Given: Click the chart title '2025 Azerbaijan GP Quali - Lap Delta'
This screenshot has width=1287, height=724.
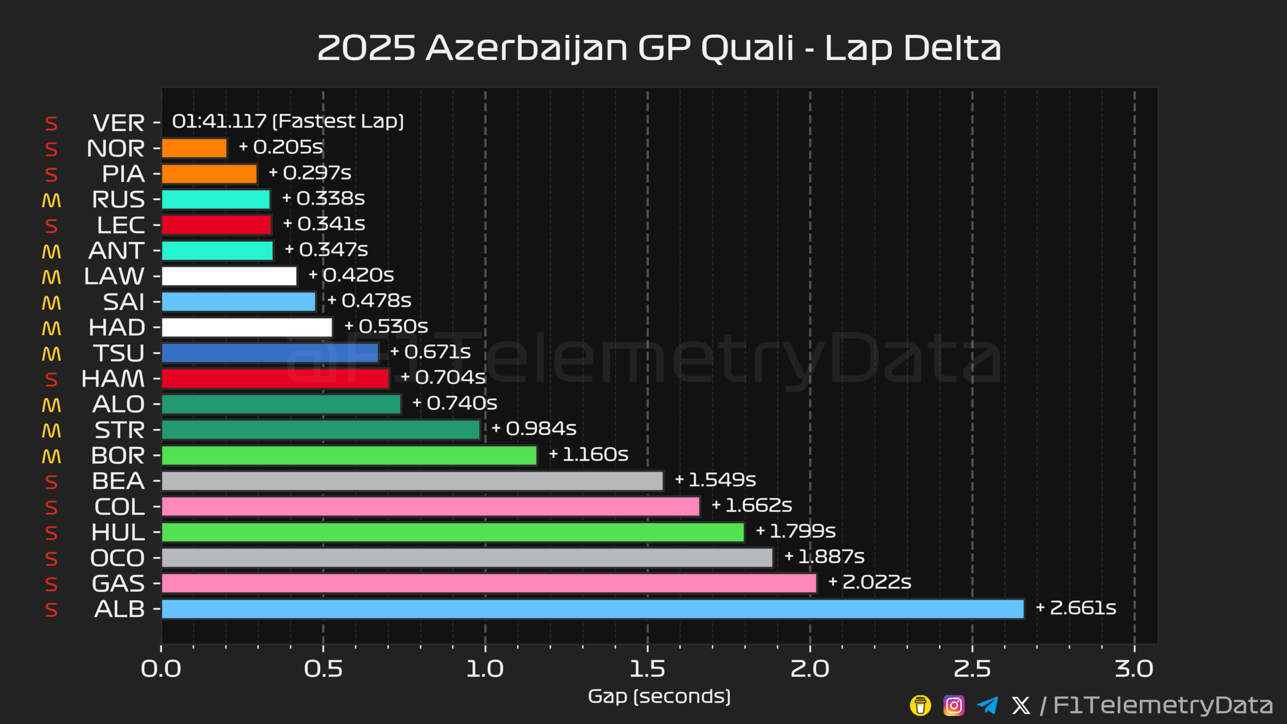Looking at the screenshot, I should [659, 48].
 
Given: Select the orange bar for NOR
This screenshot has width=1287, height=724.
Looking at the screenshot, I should [194, 148].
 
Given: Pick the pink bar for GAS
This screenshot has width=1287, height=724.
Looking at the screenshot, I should [489, 583].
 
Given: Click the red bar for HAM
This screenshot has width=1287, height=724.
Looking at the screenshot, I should [275, 379].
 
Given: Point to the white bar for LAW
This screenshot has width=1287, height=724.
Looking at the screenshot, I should [229, 276].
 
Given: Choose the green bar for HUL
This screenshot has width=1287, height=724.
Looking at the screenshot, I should [452, 532].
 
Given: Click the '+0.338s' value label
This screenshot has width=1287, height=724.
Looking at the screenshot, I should [324, 199].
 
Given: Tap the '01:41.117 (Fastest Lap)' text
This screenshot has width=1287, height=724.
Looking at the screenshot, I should [288, 121].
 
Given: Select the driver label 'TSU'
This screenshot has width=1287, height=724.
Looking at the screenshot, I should [119, 353].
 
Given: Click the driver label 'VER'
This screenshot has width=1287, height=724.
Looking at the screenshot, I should [119, 123].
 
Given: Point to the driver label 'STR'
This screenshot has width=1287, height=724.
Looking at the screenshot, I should [120, 430].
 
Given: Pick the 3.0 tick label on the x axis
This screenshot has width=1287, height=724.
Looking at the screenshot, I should [1134, 669].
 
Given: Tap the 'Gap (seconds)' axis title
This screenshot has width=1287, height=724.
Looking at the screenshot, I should [659, 697].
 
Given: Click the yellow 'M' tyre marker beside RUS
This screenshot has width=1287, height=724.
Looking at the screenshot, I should [51, 200].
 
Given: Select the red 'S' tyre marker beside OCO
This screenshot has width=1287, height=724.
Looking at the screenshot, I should [51, 559].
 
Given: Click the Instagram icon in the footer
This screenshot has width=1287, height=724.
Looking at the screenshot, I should [954, 705].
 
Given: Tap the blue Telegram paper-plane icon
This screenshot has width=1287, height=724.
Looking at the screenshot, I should [987, 705].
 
